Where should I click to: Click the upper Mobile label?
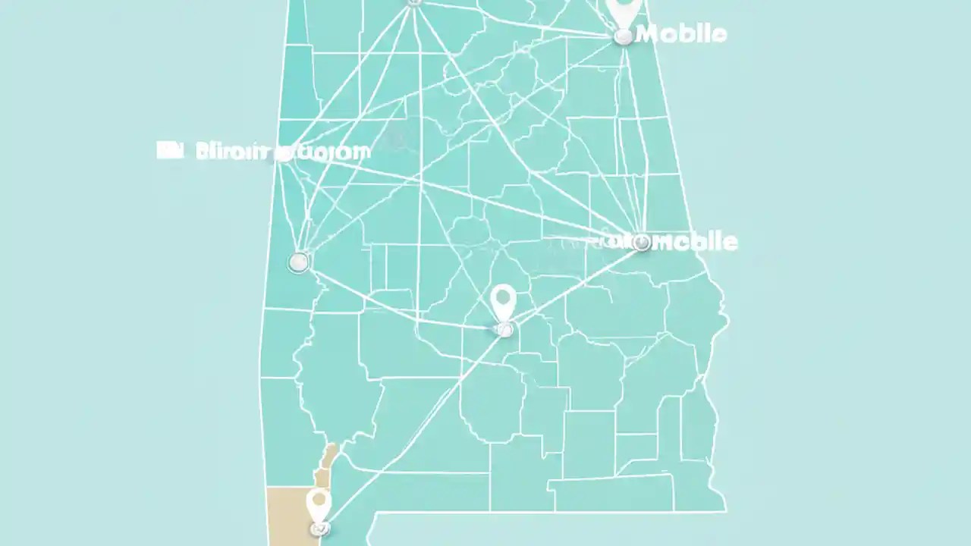point(682,34)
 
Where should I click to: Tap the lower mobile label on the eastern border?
point(694,242)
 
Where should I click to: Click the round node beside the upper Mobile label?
point(623,36)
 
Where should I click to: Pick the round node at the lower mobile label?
point(642,243)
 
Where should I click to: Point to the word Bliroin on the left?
point(232,151)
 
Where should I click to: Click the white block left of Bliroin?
point(170,150)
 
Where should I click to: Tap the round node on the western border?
point(299,262)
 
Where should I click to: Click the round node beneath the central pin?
point(503,329)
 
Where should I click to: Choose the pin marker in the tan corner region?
point(319,503)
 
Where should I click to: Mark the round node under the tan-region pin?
point(320,528)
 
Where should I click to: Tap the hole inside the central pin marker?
point(503,298)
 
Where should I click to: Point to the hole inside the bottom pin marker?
point(319,500)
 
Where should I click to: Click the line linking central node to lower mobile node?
point(573,286)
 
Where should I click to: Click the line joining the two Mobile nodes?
point(631,136)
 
